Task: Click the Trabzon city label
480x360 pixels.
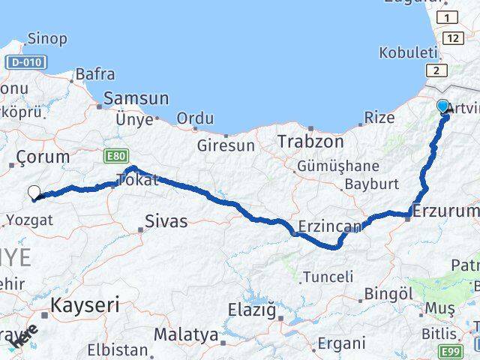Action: pyautogui.click(x=310, y=141)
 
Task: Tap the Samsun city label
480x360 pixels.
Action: pyautogui.click(x=136, y=98)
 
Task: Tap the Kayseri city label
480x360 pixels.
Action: pyautogui.click(x=85, y=304)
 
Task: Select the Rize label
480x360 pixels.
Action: pyautogui.click(x=379, y=117)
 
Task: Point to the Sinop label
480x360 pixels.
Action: pyautogui.click(x=46, y=38)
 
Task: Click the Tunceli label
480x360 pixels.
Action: pyautogui.click(x=328, y=277)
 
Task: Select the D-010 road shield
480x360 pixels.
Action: pyautogui.click(x=25, y=62)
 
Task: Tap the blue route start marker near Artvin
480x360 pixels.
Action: pyautogui.click(x=442, y=106)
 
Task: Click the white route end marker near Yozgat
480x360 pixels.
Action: pyautogui.click(x=34, y=192)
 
